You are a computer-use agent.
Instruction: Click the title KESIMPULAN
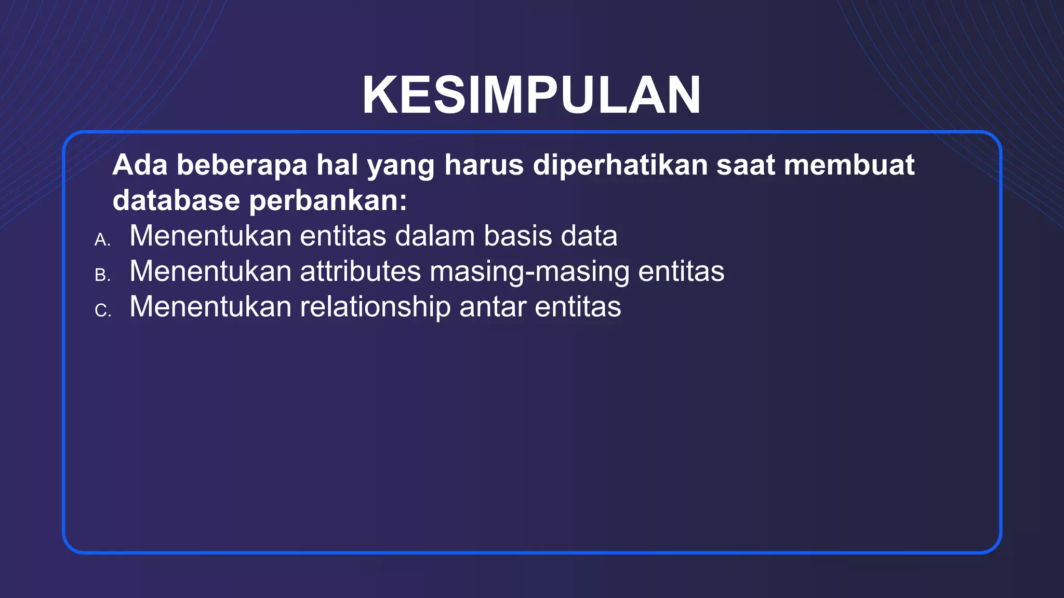pyautogui.click(x=531, y=96)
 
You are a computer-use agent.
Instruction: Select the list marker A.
pyautogui.click(x=102, y=240)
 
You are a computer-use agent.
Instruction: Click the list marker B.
pyautogui.click(x=102, y=275)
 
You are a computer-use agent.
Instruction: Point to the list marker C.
pyautogui.click(x=102, y=310)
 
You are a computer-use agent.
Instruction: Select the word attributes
pyautogui.click(x=360, y=271)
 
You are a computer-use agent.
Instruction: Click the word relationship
pyautogui.click(x=375, y=307)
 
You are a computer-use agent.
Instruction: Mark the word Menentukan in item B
pyautogui.click(x=210, y=271)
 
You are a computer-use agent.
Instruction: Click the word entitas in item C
pyautogui.click(x=578, y=307)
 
